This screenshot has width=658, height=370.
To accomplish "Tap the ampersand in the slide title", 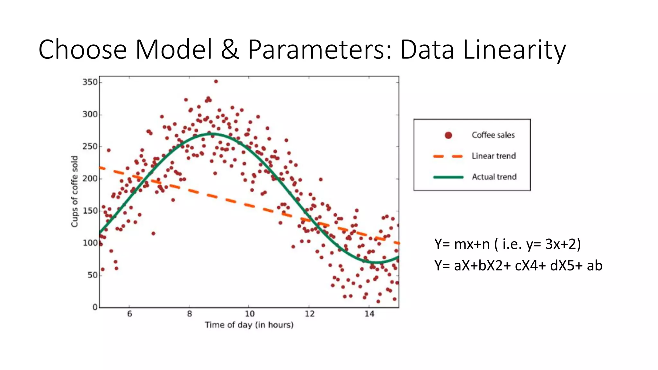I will tap(230, 50).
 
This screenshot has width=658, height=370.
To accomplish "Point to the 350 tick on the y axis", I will tap(90, 82).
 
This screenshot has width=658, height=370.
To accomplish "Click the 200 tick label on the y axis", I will tap(90, 179).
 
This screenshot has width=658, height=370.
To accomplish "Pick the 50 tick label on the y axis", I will tap(93, 275).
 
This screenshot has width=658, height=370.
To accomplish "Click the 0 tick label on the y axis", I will tap(95, 307).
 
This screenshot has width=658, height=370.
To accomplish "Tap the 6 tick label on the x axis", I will tap(129, 314).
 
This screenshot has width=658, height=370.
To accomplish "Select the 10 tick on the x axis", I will tap(249, 314).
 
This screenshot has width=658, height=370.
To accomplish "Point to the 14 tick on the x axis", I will tap(369, 314).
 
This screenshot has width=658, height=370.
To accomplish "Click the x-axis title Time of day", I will tap(249, 325).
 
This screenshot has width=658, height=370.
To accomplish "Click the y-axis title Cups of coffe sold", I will tap(75, 192).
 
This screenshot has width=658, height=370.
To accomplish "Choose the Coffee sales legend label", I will tap(493, 135).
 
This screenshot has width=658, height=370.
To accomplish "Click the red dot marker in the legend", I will tap(448, 135).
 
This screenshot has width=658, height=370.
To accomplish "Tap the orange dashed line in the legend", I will tap(448, 156).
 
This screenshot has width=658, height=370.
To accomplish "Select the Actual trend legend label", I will tap(494, 177).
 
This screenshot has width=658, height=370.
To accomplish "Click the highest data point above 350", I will tap(216, 82).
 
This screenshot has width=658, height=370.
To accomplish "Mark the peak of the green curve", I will tap(212, 134).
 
